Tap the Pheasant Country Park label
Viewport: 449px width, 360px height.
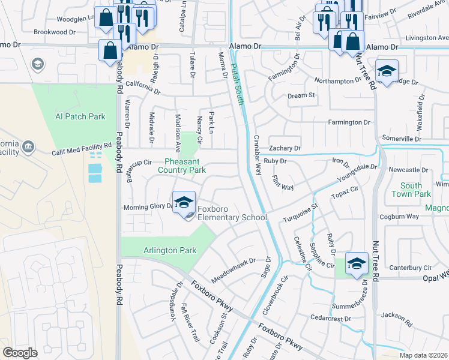pyautogui.click(x=181, y=166)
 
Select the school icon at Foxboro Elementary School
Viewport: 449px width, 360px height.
pyautogui.click(x=184, y=203)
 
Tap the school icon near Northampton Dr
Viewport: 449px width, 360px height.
pyautogui.click(x=387, y=71)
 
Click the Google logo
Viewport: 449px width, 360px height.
pyautogui.click(x=20, y=353)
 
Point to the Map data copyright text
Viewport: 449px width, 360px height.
pyautogui.click(x=424, y=355)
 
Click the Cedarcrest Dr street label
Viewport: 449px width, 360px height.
pyautogui.click(x=330, y=317)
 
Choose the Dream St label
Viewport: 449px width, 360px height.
pyautogui.click(x=301, y=95)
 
